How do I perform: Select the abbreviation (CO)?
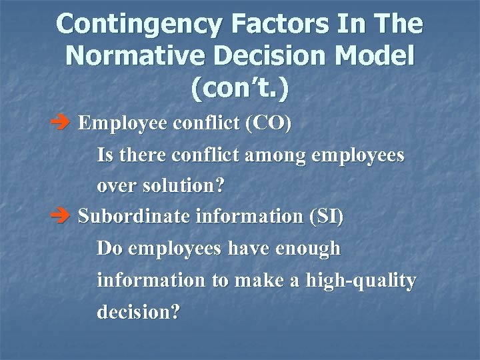(x=269, y=124)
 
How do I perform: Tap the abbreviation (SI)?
(x=326, y=217)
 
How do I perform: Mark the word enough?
(x=309, y=249)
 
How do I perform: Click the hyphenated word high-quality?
(x=361, y=281)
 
